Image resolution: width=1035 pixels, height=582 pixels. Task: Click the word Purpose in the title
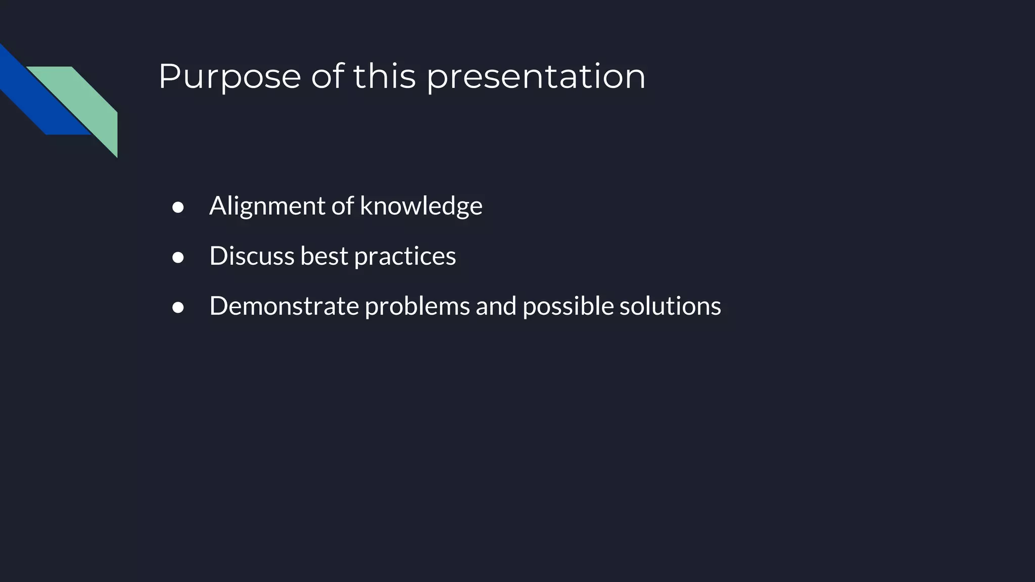click(x=230, y=77)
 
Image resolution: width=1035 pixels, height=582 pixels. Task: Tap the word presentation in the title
click(x=536, y=77)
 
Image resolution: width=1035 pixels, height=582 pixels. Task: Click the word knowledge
click(x=421, y=206)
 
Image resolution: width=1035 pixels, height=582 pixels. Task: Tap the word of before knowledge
click(x=342, y=206)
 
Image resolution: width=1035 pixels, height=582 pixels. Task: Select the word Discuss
click(x=252, y=256)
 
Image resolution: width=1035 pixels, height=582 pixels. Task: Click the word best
click(x=324, y=256)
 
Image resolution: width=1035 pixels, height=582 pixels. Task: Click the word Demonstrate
click(x=284, y=306)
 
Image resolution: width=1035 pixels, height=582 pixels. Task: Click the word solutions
click(x=670, y=306)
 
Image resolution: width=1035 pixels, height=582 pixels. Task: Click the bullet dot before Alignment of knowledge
click(x=178, y=208)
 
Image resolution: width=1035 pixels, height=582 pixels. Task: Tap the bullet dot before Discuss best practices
click(x=178, y=258)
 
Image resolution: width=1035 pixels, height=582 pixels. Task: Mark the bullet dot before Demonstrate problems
click(x=178, y=308)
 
